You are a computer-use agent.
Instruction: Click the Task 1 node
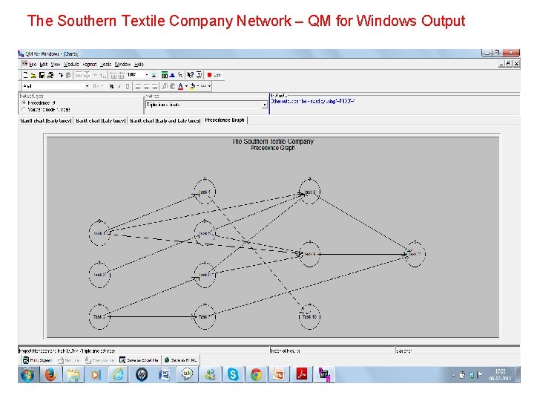pos(99,233)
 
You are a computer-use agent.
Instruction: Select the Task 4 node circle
pos(204,192)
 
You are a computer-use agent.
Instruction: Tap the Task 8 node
pos(309,192)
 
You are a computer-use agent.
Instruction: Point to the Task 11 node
pos(414,254)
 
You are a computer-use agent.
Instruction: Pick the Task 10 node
pos(309,316)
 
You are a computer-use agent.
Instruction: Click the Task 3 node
pos(99,316)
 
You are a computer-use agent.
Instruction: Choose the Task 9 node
pos(309,254)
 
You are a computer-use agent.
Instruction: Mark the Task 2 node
pos(99,275)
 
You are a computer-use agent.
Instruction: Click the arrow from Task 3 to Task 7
pos(151,316)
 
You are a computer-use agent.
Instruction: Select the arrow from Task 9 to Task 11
pos(362,254)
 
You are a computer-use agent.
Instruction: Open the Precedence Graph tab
pos(224,120)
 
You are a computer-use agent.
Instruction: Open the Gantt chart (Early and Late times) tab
pos(165,120)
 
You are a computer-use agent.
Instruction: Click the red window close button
pos(510,53)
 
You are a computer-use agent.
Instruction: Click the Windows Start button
pos(27,375)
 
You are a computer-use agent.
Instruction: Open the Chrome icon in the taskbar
pos(256,375)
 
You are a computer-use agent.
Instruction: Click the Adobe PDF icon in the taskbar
pos(301,375)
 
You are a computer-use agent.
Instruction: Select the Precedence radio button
pos(23,102)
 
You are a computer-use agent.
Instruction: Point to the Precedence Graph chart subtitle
pos(272,148)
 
